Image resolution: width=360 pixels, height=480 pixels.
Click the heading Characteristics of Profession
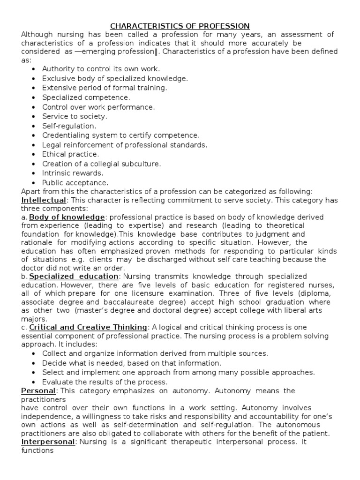[180, 26]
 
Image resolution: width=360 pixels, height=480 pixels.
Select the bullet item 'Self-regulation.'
[69, 126]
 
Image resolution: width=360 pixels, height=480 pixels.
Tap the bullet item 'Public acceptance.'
[75, 182]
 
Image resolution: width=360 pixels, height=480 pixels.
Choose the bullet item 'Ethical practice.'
[70, 154]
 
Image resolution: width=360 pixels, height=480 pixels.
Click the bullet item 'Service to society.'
[75, 116]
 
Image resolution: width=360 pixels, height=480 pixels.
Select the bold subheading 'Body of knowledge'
[67, 217]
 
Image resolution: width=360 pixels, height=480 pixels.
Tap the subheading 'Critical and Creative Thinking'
[88, 327]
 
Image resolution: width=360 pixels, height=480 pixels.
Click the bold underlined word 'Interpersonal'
[48, 442]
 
